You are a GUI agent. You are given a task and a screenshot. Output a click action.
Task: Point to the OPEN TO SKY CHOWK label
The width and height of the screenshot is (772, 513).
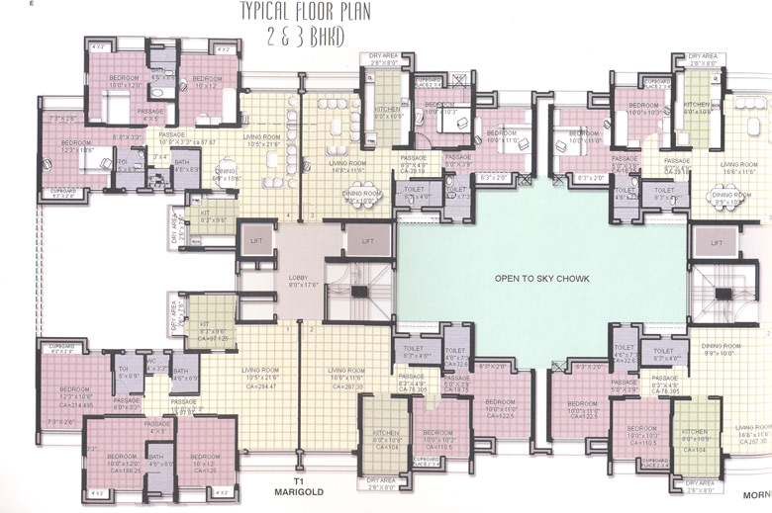click(541, 279)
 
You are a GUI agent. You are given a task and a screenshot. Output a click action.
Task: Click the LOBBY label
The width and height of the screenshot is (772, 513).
click(297, 277)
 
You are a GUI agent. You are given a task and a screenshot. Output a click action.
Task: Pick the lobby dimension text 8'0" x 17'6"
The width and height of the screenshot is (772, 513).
click(297, 285)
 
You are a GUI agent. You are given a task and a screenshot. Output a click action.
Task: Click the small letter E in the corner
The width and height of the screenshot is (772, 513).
click(33, 5)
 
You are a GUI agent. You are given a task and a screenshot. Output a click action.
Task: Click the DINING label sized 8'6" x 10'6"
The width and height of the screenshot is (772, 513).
click(227, 174)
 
